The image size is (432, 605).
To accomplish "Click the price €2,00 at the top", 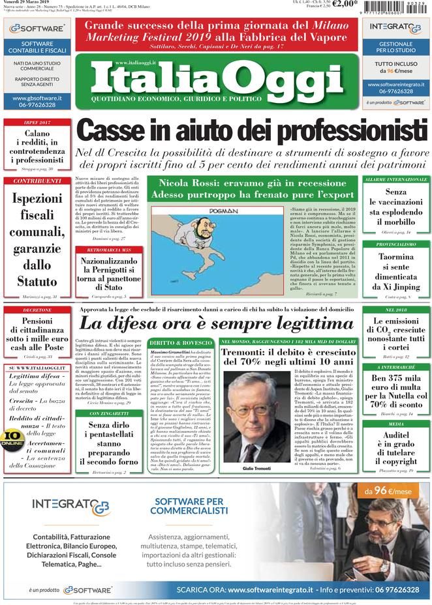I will click(345, 5).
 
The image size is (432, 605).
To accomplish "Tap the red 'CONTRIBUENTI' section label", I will click(37, 181).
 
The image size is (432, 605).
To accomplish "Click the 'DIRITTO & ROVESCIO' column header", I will click(180, 342).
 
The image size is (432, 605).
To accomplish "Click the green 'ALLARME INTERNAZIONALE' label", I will click(395, 179).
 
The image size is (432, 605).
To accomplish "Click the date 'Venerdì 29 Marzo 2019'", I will click(30, 4).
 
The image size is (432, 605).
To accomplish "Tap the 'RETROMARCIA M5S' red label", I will click(108, 250).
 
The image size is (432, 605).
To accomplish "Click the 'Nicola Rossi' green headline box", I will click(252, 188).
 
